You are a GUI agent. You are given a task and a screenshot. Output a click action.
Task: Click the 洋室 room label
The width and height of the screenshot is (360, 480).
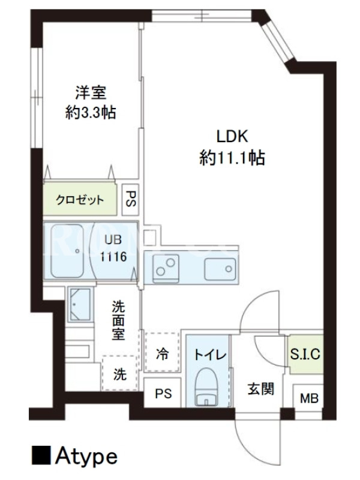(x=91, y=92)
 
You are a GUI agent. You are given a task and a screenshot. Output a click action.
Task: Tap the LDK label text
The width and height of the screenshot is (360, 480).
(x=232, y=137)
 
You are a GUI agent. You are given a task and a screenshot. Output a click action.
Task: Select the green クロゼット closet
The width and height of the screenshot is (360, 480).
(x=80, y=199)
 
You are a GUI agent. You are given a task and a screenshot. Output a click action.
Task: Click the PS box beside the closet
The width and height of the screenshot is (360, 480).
(x=131, y=199)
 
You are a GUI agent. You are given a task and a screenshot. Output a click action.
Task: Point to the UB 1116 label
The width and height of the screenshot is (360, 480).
(x=113, y=248)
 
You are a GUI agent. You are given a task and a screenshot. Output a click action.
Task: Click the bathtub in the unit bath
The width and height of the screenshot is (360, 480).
(x=67, y=251)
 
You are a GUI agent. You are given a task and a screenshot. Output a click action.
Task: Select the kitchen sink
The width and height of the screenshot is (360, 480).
(x=220, y=269)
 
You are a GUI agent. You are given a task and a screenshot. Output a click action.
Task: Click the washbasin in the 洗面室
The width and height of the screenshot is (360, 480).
(x=79, y=304)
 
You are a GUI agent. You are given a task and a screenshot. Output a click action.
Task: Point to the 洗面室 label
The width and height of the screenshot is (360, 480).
(x=118, y=320)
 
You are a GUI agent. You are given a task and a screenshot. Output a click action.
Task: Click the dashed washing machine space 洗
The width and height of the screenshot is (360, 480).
(x=120, y=373)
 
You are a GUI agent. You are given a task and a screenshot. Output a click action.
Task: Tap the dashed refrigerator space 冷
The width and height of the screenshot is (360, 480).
(x=162, y=352)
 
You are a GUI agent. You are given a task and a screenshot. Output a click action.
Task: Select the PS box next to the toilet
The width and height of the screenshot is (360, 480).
(x=163, y=393)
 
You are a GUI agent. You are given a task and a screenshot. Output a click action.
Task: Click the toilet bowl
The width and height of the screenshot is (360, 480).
(x=207, y=386)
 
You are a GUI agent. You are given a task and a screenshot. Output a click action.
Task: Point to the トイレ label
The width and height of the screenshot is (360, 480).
(x=210, y=355)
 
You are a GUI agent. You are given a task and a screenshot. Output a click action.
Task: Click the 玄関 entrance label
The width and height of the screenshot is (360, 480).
(x=260, y=389)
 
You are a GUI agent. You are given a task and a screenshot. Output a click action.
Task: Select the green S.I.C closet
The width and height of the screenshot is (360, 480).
(x=305, y=354)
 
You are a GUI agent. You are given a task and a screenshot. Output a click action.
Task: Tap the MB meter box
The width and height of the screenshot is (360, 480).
(x=309, y=398)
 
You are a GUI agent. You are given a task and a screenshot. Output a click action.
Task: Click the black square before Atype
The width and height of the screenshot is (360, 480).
(x=41, y=455)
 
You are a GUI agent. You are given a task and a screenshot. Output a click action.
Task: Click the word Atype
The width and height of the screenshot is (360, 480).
(x=86, y=457)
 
